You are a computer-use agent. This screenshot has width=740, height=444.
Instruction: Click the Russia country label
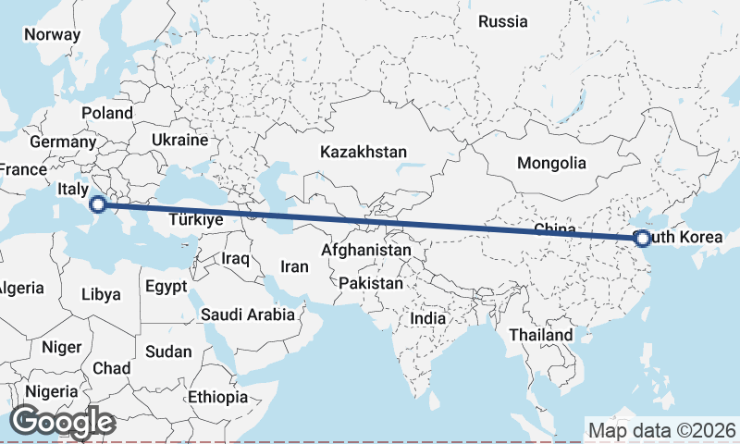[502, 21]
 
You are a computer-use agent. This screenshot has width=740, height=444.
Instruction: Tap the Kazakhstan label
[364, 152]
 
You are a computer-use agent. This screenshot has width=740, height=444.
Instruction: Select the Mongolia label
[551, 164]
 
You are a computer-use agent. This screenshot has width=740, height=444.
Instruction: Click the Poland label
[106, 113]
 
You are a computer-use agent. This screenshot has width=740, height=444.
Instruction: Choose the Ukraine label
[179, 141]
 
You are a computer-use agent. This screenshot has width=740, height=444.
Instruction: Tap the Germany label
[63, 143]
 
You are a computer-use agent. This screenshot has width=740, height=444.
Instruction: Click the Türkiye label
[196, 220]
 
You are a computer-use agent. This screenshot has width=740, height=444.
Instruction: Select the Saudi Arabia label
[248, 314]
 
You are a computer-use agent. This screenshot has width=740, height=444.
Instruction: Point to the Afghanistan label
[366, 251]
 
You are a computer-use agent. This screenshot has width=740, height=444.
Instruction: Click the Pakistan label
[371, 282]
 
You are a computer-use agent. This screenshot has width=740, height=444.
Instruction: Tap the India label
[428, 318]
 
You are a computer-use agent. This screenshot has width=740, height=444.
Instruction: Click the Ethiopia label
[217, 397]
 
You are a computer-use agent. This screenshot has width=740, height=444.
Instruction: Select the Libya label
[101, 295]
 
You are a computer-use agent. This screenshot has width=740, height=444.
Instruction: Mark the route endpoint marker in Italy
[99, 204]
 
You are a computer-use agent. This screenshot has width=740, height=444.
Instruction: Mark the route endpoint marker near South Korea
[642, 239]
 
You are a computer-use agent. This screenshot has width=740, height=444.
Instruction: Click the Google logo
[62, 422]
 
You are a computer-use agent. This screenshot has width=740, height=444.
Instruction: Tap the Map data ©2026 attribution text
[661, 430]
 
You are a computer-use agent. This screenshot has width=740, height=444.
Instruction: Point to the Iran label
[294, 266]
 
